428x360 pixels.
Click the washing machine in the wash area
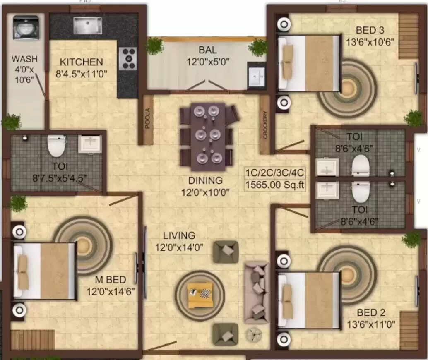point(26,27)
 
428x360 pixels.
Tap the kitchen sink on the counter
point(87,25)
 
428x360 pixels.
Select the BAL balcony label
point(207,50)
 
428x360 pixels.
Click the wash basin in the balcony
point(257,76)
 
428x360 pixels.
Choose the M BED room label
point(110,280)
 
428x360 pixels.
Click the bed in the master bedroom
point(45,271)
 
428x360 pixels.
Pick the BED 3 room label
point(370,30)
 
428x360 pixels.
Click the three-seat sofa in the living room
point(257,292)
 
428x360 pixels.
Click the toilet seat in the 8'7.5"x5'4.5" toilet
point(56,146)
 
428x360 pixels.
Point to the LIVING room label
point(179,235)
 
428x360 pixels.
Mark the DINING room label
point(205,181)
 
